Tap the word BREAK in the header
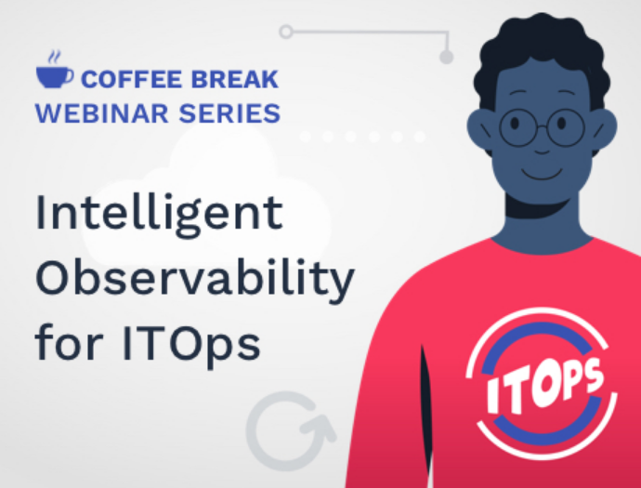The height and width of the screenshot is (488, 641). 235,79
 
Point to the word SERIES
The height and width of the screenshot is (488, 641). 229,113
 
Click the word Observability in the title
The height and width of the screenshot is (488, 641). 194,280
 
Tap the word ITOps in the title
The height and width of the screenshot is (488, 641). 191,345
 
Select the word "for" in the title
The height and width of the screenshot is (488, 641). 69,341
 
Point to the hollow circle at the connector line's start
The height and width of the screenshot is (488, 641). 286,32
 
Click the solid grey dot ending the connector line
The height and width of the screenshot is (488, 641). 447,57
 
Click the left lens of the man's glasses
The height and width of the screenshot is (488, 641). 517,127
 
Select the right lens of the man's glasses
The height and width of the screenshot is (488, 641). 566,127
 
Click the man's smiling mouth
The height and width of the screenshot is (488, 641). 542,174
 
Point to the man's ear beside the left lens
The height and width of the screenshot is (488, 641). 481,129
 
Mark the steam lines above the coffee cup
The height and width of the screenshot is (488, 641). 55,57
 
